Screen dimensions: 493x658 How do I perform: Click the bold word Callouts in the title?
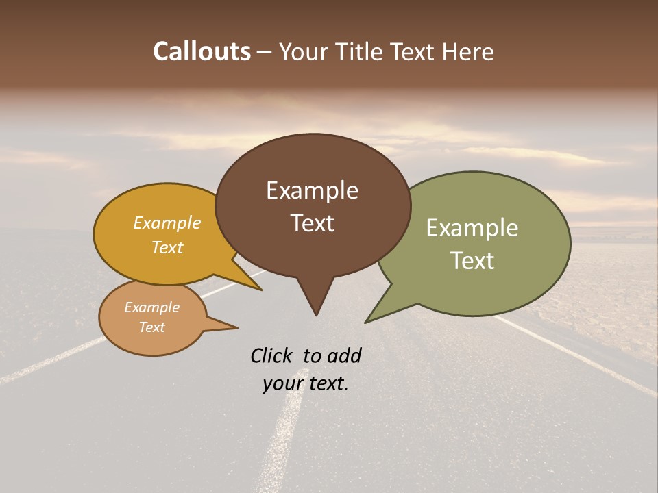tap(202, 51)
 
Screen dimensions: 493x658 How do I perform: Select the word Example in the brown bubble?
tap(312, 190)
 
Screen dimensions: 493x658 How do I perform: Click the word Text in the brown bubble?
tap(312, 223)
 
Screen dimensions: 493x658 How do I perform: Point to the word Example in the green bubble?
tap(472, 228)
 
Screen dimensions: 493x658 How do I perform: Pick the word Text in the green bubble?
tap(472, 261)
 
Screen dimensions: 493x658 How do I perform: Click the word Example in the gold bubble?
tap(167, 223)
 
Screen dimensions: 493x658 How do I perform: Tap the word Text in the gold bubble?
tap(167, 247)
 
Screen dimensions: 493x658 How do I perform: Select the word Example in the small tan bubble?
tap(151, 307)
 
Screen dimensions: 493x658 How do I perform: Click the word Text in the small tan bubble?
tap(151, 327)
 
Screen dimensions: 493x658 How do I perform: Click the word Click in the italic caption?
tap(272, 355)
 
